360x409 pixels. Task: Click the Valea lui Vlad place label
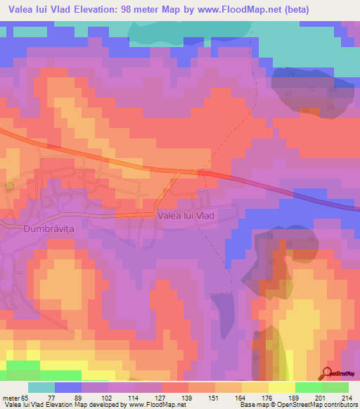[x=186, y=216]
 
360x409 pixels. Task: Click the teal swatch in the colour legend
[x=41, y=387]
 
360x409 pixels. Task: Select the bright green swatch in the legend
[x=308, y=387]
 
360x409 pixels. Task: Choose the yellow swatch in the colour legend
[x=281, y=387]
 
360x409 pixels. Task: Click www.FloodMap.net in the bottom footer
[x=155, y=405]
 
